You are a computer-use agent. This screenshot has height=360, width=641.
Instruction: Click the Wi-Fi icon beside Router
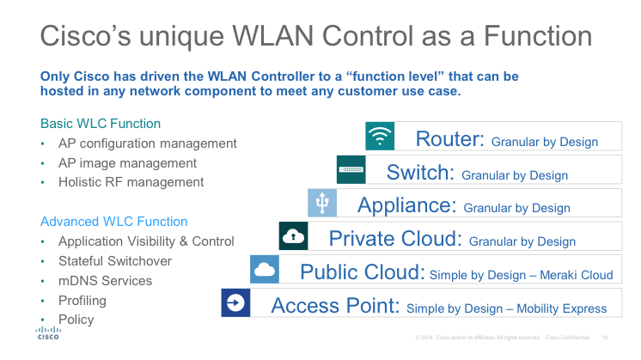pyautogui.click(x=380, y=137)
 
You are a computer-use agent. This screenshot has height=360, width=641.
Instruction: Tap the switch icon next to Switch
pyautogui.click(x=351, y=169)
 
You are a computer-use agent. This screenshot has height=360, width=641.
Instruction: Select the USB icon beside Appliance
pyautogui.click(x=322, y=203)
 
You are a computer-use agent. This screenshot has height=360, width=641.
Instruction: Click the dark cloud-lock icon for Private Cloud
pyautogui.click(x=293, y=235)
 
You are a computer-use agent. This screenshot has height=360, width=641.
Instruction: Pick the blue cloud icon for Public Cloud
pyautogui.click(x=265, y=269)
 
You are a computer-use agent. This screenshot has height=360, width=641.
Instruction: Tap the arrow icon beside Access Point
pyautogui.click(x=235, y=302)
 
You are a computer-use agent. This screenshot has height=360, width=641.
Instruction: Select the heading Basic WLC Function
pyautogui.click(x=101, y=124)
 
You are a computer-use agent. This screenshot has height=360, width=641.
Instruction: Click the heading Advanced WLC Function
pyautogui.click(x=114, y=222)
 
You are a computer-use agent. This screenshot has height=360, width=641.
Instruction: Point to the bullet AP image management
pyautogui.click(x=127, y=163)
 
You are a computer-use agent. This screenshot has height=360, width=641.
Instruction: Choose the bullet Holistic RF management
pyautogui.click(x=131, y=182)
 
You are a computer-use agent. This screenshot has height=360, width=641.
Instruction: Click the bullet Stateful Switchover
pyautogui.click(x=115, y=261)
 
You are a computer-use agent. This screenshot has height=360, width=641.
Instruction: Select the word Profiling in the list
pyautogui.click(x=82, y=301)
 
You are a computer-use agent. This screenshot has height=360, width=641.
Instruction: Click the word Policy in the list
pyautogui.click(x=76, y=320)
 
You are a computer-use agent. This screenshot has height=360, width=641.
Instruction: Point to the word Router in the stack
pyautogui.click(x=450, y=139)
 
